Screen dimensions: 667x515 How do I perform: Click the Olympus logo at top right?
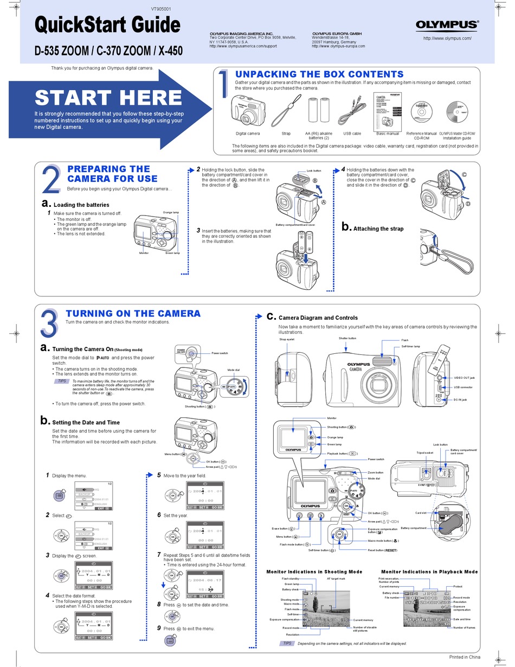point(447,24)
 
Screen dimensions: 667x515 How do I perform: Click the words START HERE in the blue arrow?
point(108,98)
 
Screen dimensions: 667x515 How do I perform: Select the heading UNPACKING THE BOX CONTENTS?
point(319,74)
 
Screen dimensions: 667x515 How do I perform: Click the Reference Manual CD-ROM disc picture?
point(421,113)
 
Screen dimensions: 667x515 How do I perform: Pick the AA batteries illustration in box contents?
point(319,110)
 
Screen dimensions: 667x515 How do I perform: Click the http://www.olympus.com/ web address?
point(447,38)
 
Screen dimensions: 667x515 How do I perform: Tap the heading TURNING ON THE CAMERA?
point(133,313)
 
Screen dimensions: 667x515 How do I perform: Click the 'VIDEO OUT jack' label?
point(465,377)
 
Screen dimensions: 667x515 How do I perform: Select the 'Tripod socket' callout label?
point(424,453)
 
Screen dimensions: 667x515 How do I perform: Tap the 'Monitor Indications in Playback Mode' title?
point(429,571)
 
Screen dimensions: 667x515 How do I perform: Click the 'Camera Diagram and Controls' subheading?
point(318,317)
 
